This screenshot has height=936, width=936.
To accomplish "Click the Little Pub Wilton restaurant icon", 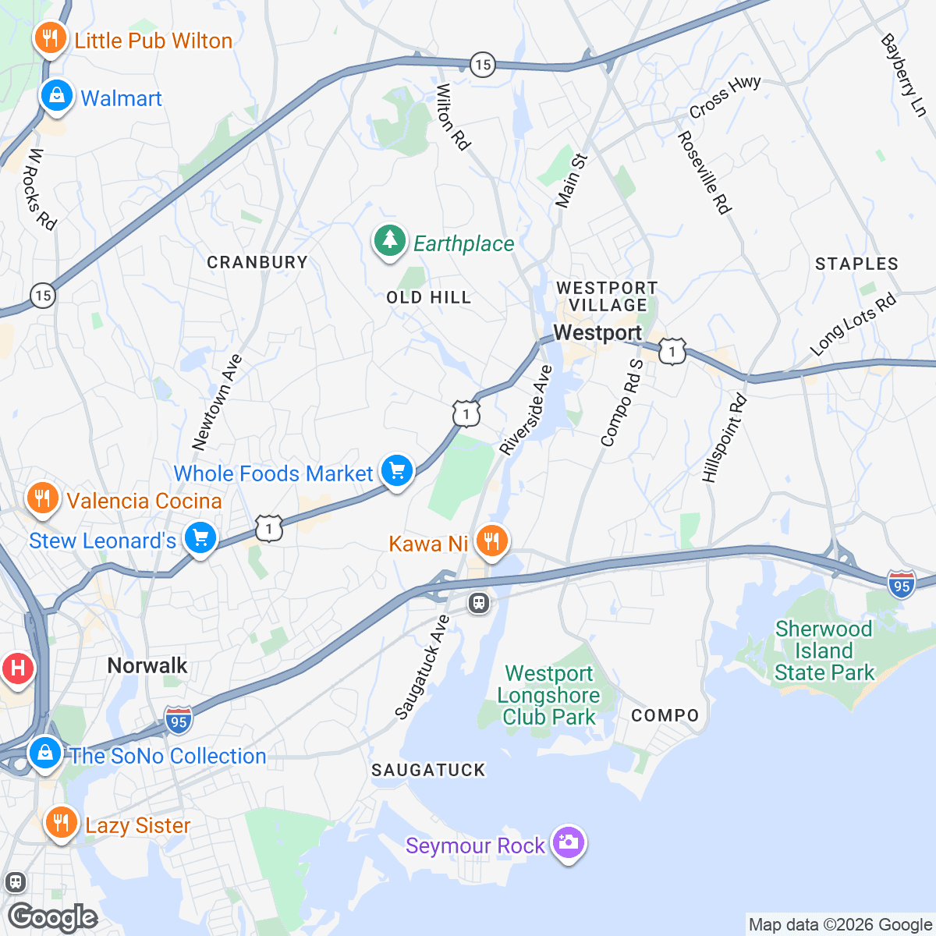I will pos(50,38).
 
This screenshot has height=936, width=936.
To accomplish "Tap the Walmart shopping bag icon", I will pos(57,96).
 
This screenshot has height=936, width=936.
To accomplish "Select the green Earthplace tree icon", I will pos(389,241).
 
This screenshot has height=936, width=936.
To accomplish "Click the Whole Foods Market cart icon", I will pos(397,471).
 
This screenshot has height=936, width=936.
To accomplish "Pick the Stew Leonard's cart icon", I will pos(200,538).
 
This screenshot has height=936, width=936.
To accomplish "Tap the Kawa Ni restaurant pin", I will pos(491,540).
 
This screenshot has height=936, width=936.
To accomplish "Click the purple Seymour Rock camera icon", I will pos(568,843).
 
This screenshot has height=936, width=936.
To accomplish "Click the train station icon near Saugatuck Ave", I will pos(479,603).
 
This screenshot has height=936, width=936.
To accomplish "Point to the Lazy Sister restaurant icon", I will pos(60,823).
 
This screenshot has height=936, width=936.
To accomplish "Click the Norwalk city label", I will pos(147,665).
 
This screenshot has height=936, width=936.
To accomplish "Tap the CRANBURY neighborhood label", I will pos(257,262).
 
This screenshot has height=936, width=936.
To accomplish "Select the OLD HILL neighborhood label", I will pos(429,297).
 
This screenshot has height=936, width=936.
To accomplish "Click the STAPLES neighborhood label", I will pos(856,264).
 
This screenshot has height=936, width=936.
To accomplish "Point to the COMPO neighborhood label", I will pos(665,715).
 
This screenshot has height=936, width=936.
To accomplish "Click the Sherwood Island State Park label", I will pos(824,651).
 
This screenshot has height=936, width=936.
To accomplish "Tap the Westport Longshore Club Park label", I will pos(549,695).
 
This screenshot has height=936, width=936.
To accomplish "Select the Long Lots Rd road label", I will pos(853,325).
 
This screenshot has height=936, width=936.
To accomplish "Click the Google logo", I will pos(53,917).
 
